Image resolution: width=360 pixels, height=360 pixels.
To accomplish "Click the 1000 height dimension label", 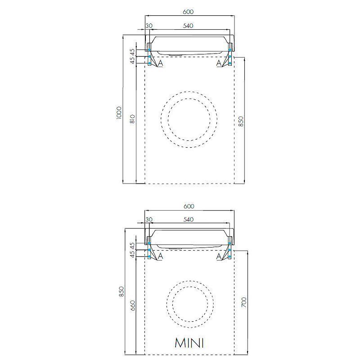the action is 119,113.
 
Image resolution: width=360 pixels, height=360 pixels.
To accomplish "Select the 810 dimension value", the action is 133,119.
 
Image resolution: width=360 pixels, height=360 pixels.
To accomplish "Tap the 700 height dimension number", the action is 244,302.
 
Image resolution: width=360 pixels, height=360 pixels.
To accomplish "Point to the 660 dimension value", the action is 133,306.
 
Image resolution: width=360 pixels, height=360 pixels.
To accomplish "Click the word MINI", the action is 189,343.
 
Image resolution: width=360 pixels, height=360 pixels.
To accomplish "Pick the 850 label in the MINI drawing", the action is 121,291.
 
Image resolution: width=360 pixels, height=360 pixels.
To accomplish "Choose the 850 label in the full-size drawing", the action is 241,121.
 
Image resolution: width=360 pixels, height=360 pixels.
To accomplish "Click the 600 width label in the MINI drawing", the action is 189,206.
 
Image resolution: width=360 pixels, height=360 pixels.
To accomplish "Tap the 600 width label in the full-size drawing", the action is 188,12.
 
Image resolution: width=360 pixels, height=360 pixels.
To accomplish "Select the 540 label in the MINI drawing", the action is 189,220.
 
